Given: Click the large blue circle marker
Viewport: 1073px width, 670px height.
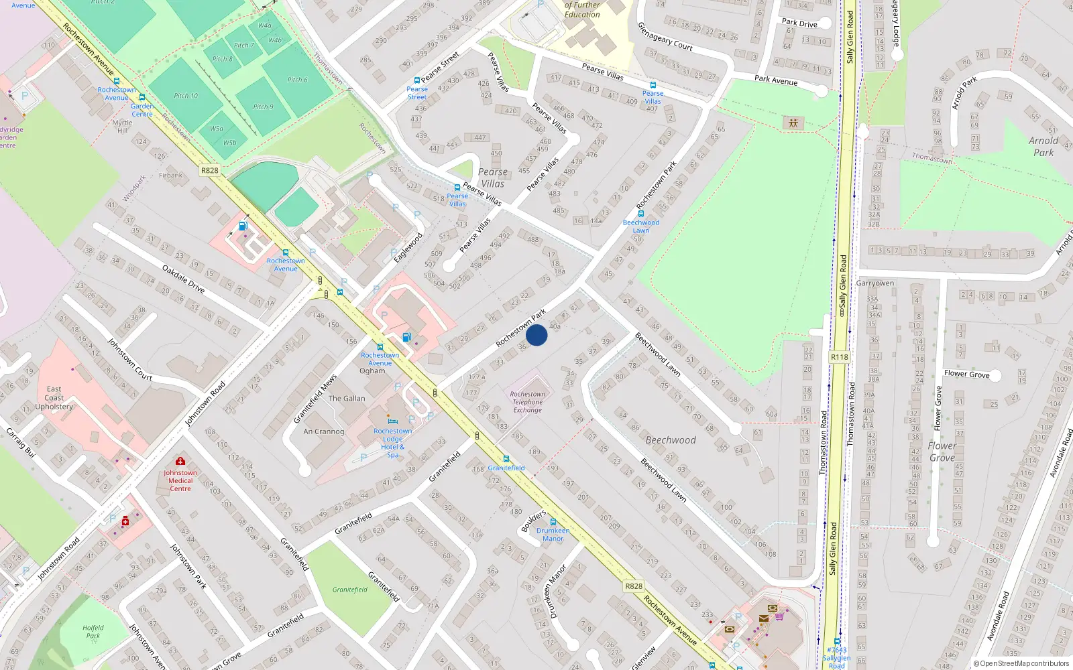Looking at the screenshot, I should point(536,335).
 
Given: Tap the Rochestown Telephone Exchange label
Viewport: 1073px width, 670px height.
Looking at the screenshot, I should point(528,402).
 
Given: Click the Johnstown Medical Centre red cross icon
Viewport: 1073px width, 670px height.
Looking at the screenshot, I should point(180,461).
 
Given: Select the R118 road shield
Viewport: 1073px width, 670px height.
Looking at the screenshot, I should point(839,357).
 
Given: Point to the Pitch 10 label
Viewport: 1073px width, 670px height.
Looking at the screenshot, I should point(186,96).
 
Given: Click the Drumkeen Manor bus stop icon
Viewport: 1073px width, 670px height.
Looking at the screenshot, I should point(553,522).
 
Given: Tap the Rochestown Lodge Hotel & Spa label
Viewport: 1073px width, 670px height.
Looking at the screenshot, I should point(393,443).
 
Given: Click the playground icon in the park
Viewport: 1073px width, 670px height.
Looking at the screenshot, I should point(793,123).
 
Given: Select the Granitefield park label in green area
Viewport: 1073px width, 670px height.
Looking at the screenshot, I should point(350,590).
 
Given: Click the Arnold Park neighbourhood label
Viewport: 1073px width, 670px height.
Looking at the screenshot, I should point(1043,147).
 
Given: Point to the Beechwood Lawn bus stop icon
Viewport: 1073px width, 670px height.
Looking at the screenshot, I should point(640,214).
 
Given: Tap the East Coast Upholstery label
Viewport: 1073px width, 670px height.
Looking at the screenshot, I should point(54,398).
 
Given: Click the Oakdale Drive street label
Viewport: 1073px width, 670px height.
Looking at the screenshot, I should point(183,279).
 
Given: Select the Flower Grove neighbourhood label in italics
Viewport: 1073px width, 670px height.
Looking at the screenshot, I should point(942,452).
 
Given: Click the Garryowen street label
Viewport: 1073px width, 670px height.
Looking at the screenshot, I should point(875,283).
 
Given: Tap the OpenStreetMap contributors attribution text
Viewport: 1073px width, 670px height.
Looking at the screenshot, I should point(1024,664).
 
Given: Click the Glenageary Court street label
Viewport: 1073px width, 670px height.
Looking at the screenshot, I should point(665,36).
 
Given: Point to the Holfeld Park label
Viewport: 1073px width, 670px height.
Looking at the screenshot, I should point(93,632).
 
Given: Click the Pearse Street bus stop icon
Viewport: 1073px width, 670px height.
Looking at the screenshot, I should point(417,80).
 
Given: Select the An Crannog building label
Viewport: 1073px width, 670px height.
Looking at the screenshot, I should point(323,431).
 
